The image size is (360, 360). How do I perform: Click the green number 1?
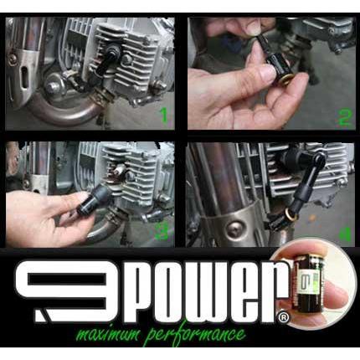pyautogui.click(x=164, y=114)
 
